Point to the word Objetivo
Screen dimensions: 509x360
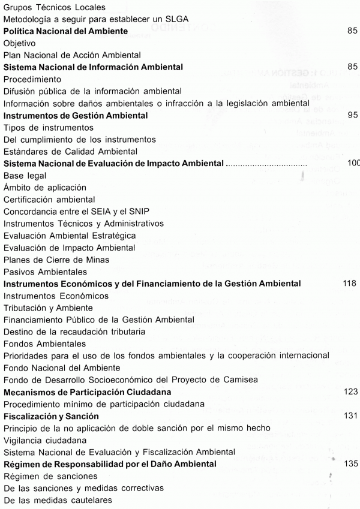20,43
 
